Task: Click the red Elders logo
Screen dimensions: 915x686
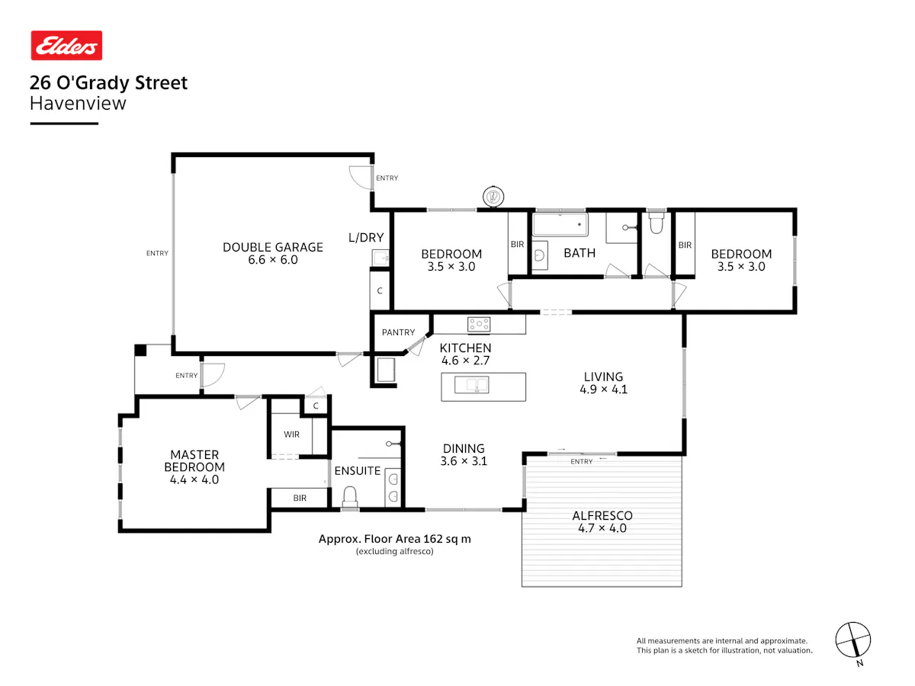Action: [x=66, y=45]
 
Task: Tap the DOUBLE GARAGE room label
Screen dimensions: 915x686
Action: [x=273, y=247]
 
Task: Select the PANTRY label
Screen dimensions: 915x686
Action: [x=398, y=332]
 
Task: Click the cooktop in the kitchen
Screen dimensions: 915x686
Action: [x=479, y=324]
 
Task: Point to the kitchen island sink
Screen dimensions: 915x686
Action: [x=471, y=384]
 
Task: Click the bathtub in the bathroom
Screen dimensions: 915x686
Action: [x=560, y=225]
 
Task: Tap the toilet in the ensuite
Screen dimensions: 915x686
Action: [x=350, y=496]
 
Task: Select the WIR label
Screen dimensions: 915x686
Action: [x=291, y=434]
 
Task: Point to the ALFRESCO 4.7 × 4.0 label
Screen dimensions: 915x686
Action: [x=602, y=522]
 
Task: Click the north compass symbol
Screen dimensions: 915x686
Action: [x=853, y=640]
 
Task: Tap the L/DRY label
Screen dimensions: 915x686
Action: [x=366, y=237]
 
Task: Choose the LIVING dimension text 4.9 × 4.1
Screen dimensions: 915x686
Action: [x=603, y=389]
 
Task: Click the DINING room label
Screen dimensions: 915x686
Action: [x=464, y=449]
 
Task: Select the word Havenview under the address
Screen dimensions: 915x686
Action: [x=78, y=104]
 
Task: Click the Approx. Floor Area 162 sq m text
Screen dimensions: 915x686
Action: [x=395, y=539]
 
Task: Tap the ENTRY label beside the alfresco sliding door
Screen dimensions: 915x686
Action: [x=582, y=461]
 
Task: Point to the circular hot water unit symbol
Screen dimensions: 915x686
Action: [x=493, y=196]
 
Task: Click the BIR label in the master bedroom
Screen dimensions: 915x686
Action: [x=300, y=498]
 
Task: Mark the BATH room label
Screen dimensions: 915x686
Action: [x=579, y=253]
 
